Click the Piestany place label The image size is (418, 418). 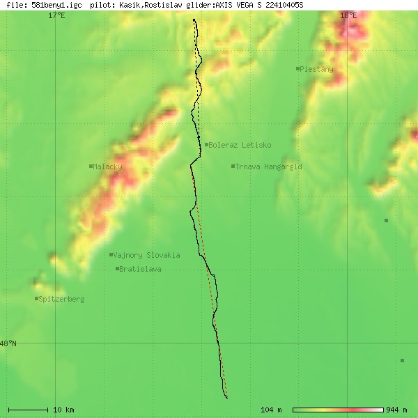(316, 69)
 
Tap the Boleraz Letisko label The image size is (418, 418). (240, 145)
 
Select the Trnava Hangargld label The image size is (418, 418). (268, 167)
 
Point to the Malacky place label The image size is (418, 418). (107, 167)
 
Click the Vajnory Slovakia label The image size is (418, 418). (146, 255)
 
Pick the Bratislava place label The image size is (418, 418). (140, 269)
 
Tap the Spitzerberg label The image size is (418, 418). (61, 299)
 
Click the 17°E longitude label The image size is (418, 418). (56, 15)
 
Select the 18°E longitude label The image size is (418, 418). (348, 15)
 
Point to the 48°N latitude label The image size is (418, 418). (8, 343)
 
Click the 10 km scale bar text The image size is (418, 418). (63, 409)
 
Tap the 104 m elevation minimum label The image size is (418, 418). (271, 409)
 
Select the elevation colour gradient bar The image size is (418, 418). (338, 409)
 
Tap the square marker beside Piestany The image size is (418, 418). (297, 68)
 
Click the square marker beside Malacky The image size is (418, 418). (91, 166)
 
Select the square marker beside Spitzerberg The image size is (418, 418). (36, 298)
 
